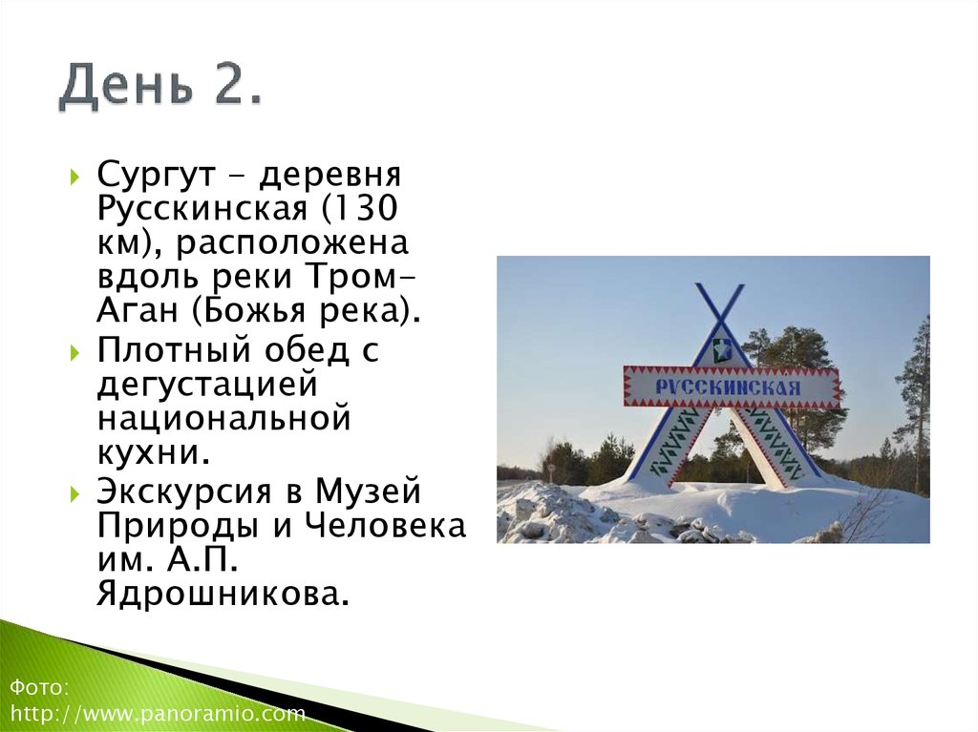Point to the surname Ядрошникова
tap(222, 594)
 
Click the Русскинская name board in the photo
tap(732, 387)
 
